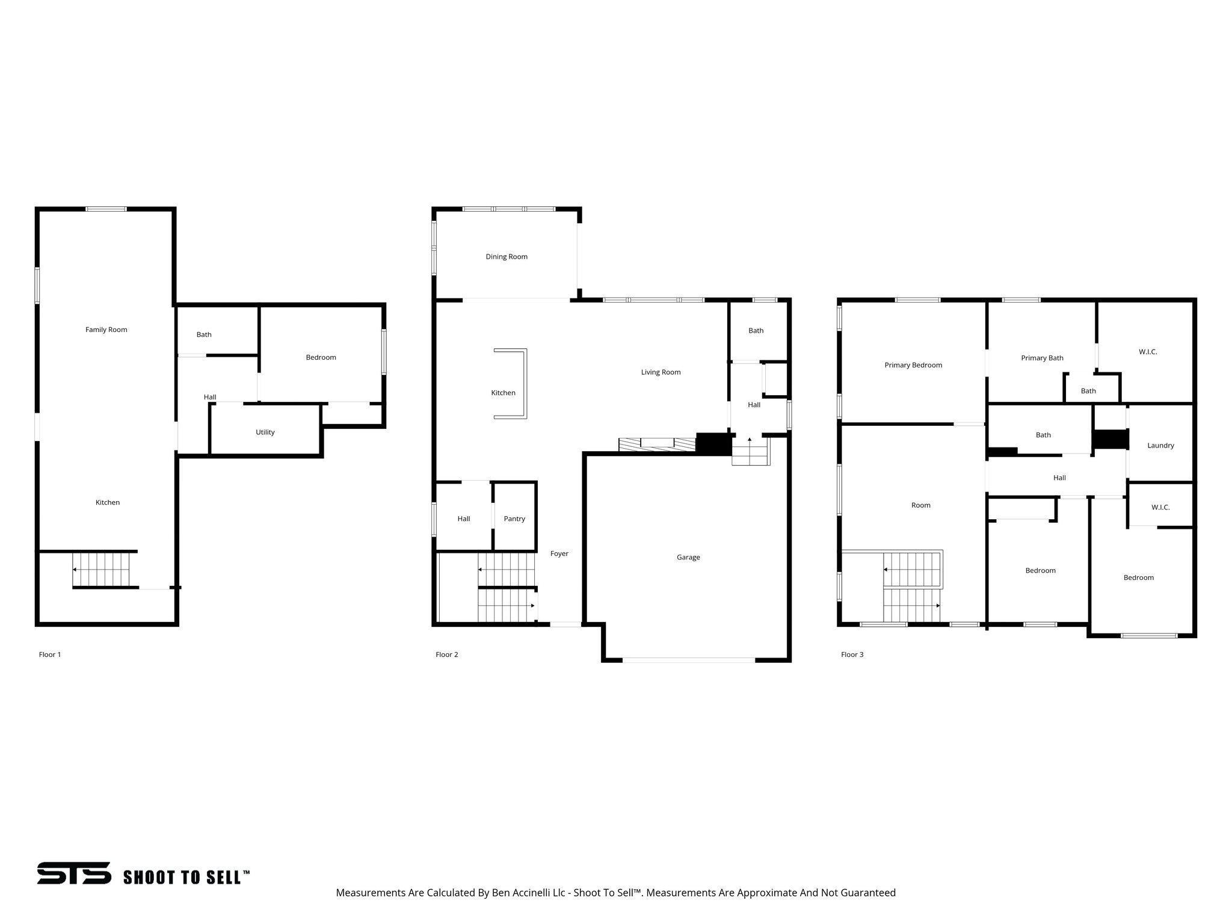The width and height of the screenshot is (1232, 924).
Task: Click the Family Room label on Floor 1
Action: click(x=106, y=330)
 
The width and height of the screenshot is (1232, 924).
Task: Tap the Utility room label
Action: click(x=265, y=432)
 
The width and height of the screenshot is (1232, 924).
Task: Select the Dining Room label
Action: click(x=507, y=257)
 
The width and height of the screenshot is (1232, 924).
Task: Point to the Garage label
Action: click(x=688, y=558)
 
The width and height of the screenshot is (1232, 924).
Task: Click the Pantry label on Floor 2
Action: click(x=514, y=519)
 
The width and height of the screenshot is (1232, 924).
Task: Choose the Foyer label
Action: click(x=559, y=553)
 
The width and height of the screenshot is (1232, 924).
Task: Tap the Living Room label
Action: click(x=661, y=372)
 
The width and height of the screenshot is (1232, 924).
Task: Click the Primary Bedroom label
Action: click(x=913, y=365)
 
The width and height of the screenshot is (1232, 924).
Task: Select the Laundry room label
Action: click(x=1160, y=446)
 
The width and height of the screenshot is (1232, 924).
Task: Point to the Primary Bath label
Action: click(x=1042, y=358)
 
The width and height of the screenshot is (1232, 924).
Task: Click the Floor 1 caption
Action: click(x=50, y=654)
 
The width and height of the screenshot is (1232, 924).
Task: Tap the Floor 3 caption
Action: click(x=852, y=654)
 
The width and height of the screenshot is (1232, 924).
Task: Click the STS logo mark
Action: click(x=74, y=873)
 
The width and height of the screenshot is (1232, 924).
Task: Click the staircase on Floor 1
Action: click(x=101, y=569)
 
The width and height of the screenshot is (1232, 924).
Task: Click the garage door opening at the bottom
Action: click(x=688, y=660)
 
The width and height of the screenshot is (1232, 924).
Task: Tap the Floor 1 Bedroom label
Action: click(x=321, y=357)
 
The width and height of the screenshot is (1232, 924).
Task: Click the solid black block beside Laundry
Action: click(x=1109, y=439)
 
